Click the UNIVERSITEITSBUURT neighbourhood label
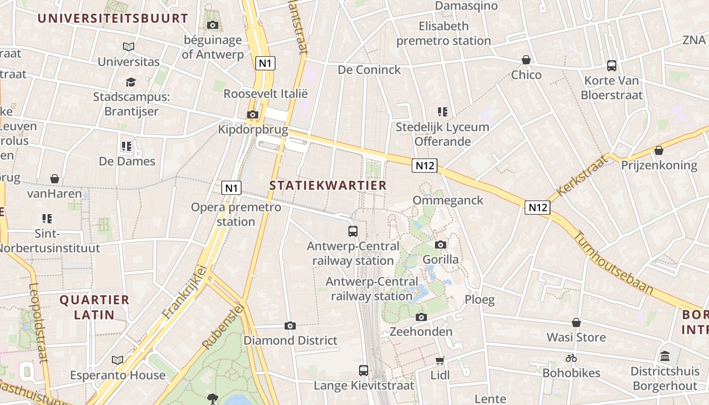(112, 19)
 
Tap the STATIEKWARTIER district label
(328, 185)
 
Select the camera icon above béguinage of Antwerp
(213, 25)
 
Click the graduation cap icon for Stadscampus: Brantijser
(131, 82)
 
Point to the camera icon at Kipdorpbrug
(252, 114)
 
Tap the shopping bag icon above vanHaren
(54, 179)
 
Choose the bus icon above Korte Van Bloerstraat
(612, 65)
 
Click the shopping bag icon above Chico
(526, 60)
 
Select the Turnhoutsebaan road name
(613, 263)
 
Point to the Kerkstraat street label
(581, 176)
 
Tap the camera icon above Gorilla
(441, 245)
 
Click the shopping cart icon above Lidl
(440, 360)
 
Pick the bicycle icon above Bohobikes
(571, 358)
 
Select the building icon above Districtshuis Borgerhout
(664, 356)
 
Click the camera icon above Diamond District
(290, 326)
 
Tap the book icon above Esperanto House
(117, 360)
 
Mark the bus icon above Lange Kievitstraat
(364, 370)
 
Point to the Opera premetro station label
(236, 214)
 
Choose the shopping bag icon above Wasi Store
(576, 322)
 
